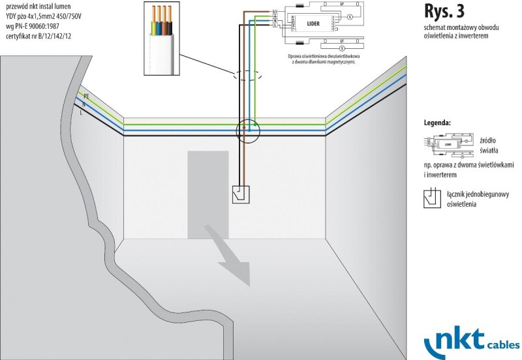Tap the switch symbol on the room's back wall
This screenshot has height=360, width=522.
241,194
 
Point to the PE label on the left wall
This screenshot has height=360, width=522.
86,95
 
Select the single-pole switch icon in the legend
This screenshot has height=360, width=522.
432,199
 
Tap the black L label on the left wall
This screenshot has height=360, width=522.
82,113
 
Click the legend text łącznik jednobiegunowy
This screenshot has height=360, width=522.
475,194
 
